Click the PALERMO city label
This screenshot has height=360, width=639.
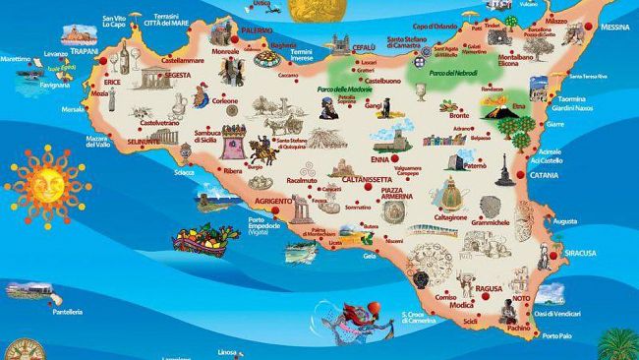[x=257, y=31]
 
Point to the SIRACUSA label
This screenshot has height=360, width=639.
[x=579, y=253]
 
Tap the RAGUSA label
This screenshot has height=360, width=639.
[x=489, y=289]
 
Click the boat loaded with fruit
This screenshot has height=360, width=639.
[x=203, y=237]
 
